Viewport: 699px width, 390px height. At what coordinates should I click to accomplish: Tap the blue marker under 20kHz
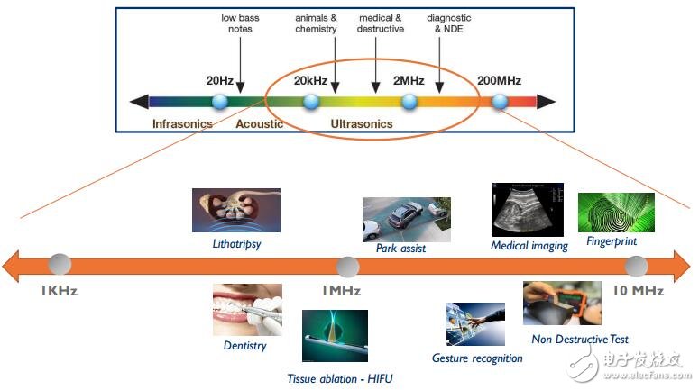click(x=311, y=101)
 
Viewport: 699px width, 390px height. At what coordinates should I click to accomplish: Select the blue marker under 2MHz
click(x=409, y=101)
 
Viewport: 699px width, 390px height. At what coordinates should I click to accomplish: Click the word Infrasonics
click(x=182, y=123)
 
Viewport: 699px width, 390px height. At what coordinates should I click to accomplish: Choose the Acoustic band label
click(x=259, y=123)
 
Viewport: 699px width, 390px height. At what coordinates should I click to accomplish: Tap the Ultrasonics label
click(x=362, y=123)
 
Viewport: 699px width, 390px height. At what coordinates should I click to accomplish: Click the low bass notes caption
click(x=239, y=23)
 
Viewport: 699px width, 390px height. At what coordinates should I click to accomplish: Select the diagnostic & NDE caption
click(x=448, y=23)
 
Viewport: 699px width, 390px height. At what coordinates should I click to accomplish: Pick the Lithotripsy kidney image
click(x=236, y=210)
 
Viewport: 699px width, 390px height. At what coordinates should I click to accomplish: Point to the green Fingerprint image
click(x=616, y=213)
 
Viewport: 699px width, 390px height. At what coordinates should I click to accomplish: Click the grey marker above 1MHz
click(x=347, y=267)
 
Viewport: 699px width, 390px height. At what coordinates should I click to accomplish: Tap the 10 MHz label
click(x=638, y=291)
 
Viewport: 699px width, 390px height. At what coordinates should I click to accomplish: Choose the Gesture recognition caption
click(x=477, y=358)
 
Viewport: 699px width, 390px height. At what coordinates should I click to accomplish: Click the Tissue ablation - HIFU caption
click(x=334, y=377)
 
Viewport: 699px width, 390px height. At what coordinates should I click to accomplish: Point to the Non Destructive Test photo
click(x=562, y=304)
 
